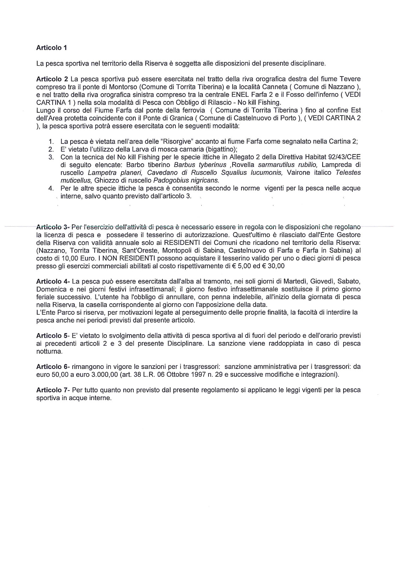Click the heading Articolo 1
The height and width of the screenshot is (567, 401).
[51, 47]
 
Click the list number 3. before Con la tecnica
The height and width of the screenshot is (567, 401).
[51, 157]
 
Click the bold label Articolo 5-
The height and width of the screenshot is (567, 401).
[54, 336]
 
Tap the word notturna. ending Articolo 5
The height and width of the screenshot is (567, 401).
[49, 351]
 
